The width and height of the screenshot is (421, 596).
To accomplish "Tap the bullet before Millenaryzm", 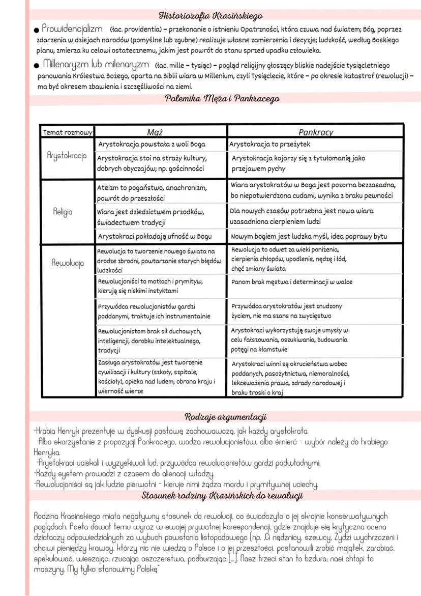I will pyautogui.click(x=37, y=66).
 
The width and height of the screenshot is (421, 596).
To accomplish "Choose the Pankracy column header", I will pyautogui.click(x=315, y=132).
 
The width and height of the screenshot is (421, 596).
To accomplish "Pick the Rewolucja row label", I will pyautogui.click(x=68, y=263).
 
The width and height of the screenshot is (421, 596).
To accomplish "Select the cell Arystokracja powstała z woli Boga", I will pyautogui.click(x=152, y=144).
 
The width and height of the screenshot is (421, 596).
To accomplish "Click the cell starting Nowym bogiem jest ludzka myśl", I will pyautogui.click(x=309, y=236).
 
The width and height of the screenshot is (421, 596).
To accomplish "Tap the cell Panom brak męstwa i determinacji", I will pyautogui.click(x=291, y=282).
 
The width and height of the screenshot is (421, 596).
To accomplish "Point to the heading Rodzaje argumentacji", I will pyautogui.click(x=225, y=417).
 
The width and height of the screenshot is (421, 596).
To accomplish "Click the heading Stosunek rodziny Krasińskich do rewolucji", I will pyautogui.click(x=223, y=495).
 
